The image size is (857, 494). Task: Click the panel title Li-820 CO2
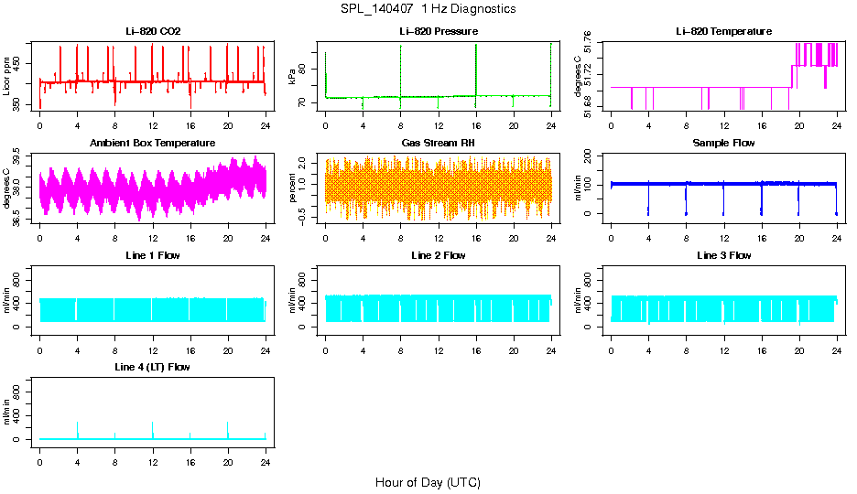tap(153, 31)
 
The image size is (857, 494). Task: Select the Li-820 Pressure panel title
tap(438, 31)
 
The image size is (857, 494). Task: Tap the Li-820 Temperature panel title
tap(723, 31)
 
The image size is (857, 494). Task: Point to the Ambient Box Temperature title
tap(153, 143)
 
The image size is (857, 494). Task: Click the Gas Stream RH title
tap(438, 143)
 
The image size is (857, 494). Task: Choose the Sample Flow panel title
tap(723, 143)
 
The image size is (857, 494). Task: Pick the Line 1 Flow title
tap(153, 255)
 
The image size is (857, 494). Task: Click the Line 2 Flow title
tap(438, 255)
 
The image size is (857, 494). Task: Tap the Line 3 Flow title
tap(723, 255)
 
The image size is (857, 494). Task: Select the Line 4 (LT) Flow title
tap(153, 367)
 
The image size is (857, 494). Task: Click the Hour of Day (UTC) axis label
tap(428, 482)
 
